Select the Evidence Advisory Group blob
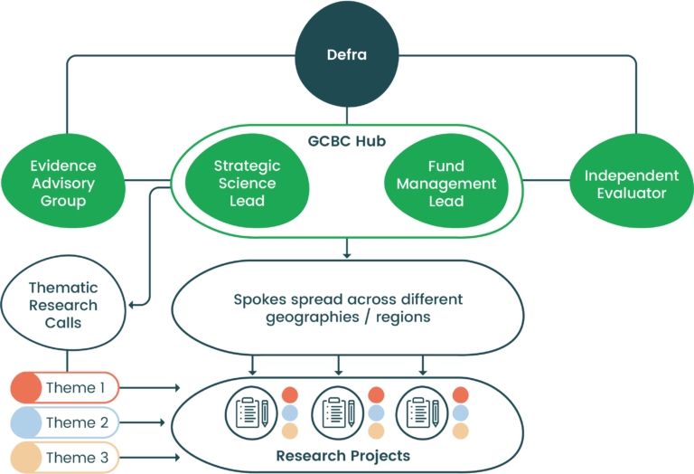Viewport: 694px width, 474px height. [x=63, y=184]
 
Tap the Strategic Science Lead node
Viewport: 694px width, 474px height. [x=247, y=182]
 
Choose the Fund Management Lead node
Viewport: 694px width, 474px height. [x=445, y=183]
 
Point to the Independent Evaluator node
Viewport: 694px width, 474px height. [x=631, y=184]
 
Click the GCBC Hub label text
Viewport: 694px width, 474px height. [x=346, y=141]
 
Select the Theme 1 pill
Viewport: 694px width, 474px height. [x=64, y=388]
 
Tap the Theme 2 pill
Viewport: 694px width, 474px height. [x=64, y=422]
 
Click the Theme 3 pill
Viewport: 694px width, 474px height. [x=64, y=458]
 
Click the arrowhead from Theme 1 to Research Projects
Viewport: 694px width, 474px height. [x=177, y=388]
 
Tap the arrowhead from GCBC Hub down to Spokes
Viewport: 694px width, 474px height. [x=347, y=255]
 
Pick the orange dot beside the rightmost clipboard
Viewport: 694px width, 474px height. [x=461, y=395]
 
